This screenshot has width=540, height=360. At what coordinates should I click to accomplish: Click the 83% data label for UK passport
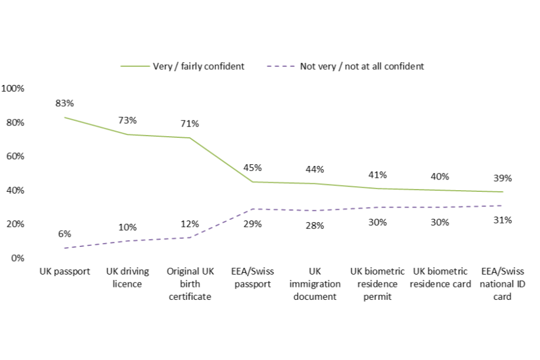point(65,103)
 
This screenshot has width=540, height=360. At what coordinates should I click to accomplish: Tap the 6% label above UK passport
point(65,234)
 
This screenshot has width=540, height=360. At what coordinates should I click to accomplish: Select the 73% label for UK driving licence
point(127,120)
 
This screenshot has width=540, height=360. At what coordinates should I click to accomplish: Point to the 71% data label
point(190,124)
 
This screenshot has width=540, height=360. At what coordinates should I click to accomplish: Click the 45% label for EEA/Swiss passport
point(252,168)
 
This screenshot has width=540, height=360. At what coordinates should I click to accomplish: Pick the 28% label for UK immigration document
point(314,226)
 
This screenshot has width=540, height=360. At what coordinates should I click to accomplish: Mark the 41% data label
point(377,174)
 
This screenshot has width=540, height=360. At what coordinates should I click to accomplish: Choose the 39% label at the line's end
point(502,178)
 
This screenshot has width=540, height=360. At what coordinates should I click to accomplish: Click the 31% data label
point(502,220)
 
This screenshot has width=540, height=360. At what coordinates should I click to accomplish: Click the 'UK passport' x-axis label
point(65,272)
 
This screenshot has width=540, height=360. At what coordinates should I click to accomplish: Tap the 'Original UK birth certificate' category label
point(190,284)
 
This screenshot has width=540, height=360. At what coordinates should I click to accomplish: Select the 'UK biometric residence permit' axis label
point(377,284)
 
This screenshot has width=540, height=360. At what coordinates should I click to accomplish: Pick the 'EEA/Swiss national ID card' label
point(502,284)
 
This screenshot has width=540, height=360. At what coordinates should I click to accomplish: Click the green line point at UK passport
point(65,117)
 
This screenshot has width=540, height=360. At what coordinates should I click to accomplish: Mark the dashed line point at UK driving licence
point(127,241)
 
